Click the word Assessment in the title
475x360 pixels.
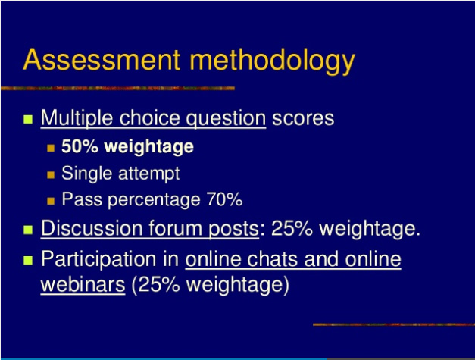tap(102, 59)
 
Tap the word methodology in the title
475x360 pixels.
tap(272, 62)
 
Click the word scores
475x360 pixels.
tap(303, 118)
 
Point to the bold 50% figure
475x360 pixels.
tap(80, 146)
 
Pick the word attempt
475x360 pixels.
tap(149, 174)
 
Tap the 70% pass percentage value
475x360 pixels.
tap(224, 199)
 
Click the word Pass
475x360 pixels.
tap(82, 199)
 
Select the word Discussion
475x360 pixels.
tap(92, 228)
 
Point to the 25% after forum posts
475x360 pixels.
tap(292, 228)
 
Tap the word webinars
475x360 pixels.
tap(83, 284)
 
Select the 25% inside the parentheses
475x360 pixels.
tap(159, 284)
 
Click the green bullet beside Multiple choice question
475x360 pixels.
tap(28, 119)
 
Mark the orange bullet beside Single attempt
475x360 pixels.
tap(51, 175)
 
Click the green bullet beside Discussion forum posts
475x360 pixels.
tap(28, 230)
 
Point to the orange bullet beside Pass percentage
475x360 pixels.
tap(51, 201)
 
